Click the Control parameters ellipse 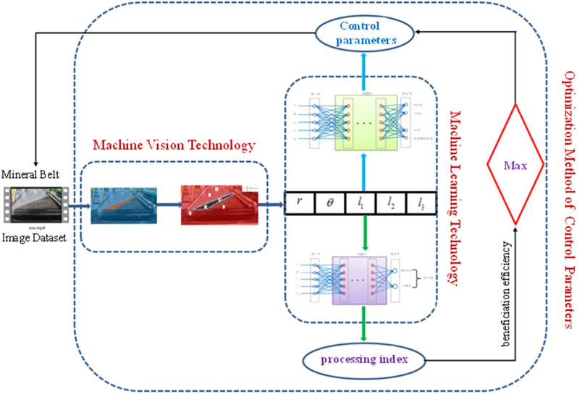pyautogui.click(x=360, y=34)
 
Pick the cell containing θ pyautogui.click(x=329, y=203)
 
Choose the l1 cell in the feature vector pyautogui.click(x=360, y=203)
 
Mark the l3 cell pyautogui.click(x=419, y=203)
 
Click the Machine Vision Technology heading pyautogui.click(x=174, y=145)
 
